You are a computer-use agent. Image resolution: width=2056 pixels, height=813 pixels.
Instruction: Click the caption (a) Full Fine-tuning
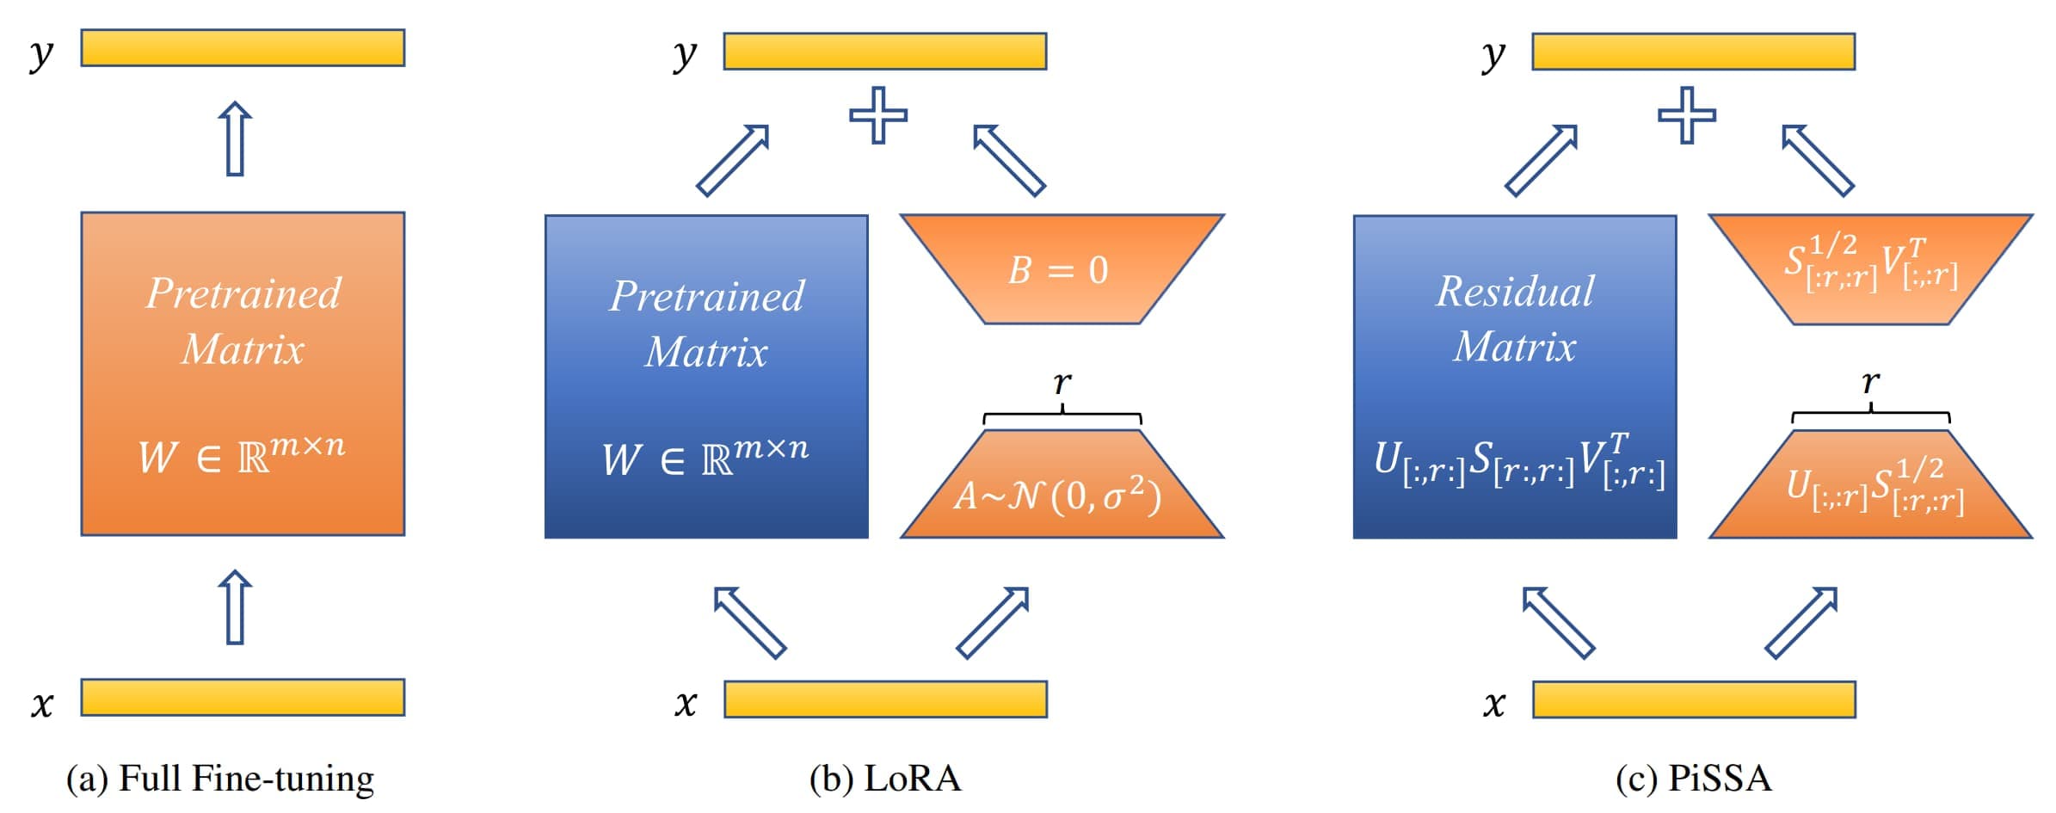(x=220, y=779)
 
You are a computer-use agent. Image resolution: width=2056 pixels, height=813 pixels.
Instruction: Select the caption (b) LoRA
(x=885, y=779)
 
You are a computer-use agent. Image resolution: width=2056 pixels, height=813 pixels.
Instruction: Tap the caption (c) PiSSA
(x=1693, y=779)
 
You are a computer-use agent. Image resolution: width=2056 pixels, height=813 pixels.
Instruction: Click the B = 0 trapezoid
(x=1062, y=269)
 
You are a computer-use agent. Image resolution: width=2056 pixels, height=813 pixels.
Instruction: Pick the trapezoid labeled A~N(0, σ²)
(x=1062, y=490)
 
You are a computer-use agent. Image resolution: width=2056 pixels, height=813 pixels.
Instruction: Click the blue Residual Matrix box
(x=1514, y=377)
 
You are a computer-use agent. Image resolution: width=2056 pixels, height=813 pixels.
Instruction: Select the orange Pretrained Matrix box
(x=243, y=374)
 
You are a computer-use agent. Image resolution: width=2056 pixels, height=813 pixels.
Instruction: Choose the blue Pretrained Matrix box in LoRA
(x=706, y=377)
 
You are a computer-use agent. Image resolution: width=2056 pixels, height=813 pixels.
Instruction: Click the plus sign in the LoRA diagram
(x=878, y=115)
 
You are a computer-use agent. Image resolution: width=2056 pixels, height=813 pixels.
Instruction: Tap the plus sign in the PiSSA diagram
(x=1686, y=115)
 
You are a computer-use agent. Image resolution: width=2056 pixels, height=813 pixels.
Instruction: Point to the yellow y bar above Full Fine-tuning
(x=243, y=48)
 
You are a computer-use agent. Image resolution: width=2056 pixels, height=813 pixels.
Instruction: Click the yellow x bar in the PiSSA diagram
(x=1693, y=699)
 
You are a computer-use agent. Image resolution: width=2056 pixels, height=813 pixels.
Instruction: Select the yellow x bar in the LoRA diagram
(x=885, y=699)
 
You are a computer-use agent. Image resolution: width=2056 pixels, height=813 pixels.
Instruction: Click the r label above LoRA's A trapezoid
(x=1062, y=383)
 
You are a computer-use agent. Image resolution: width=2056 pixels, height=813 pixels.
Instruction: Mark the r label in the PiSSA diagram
(x=1870, y=383)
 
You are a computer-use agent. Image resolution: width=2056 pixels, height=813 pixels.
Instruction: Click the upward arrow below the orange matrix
(x=235, y=607)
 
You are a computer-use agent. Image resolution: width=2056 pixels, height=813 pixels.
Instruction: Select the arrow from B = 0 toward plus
(x=1008, y=160)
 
